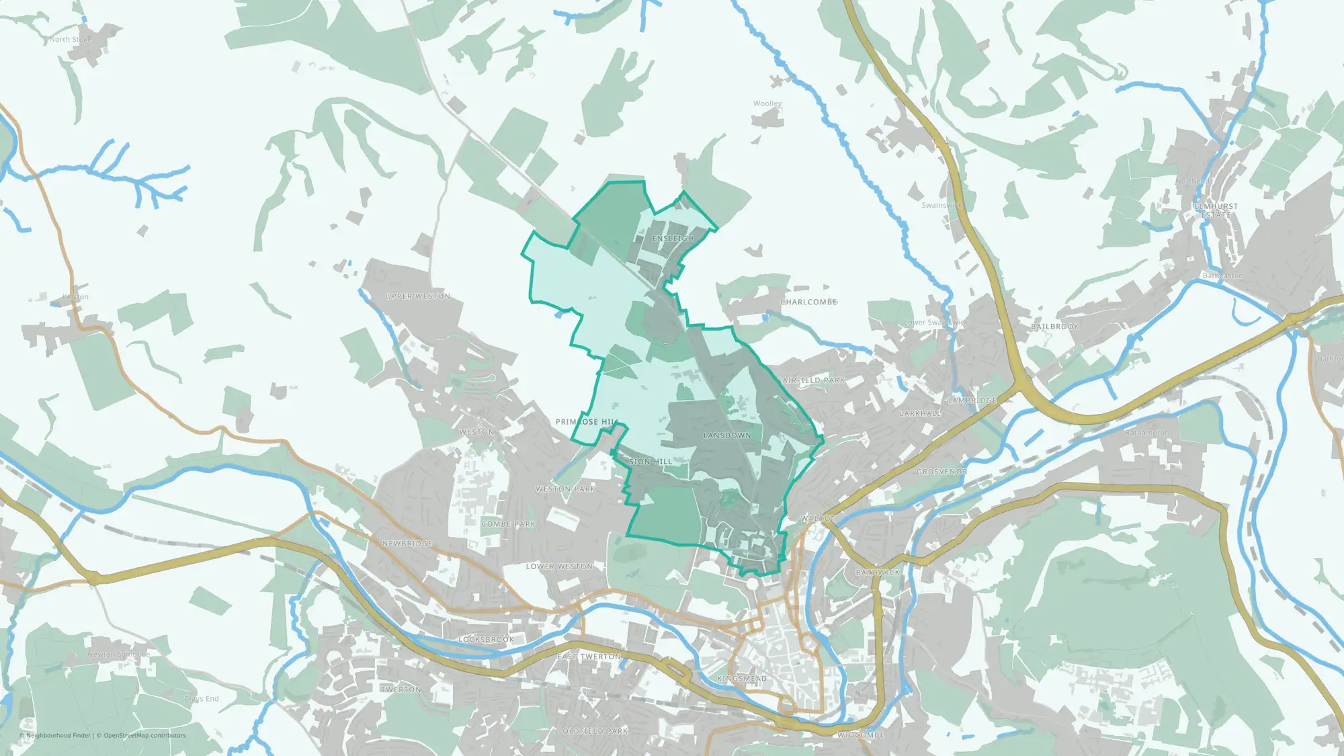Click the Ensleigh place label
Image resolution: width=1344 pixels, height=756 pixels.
pyautogui.click(x=673, y=239)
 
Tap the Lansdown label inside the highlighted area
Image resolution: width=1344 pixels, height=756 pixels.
pyautogui.click(x=727, y=435)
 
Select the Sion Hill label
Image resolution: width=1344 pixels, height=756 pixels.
pyautogui.click(x=650, y=462)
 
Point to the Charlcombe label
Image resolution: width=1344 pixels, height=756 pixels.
pyautogui.click(x=808, y=302)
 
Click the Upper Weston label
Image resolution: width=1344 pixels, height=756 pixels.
pyautogui.click(x=418, y=296)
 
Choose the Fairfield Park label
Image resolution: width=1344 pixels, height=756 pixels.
pyautogui.click(x=811, y=380)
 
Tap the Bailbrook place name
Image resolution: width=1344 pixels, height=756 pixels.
pyautogui.click(x=1055, y=327)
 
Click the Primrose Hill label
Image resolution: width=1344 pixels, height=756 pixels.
pyautogui.click(x=587, y=422)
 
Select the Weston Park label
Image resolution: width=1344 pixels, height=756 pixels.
pyautogui.click(x=566, y=489)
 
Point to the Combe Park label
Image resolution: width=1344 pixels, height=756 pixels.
pyautogui.click(x=509, y=524)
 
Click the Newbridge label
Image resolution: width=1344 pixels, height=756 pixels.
pyautogui.click(x=407, y=543)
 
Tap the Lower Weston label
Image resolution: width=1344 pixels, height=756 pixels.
pyautogui.click(x=559, y=566)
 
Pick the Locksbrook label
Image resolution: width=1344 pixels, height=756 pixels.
pyautogui.click(x=486, y=640)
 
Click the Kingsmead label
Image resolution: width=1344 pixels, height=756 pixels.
pyautogui.click(x=742, y=679)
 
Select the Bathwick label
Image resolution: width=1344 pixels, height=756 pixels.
pyautogui.click(x=878, y=573)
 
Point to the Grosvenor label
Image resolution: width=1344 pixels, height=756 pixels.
pyautogui.click(x=941, y=472)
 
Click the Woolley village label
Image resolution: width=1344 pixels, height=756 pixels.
pyautogui.click(x=767, y=103)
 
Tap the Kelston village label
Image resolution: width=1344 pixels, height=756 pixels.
pyautogui.click(x=75, y=297)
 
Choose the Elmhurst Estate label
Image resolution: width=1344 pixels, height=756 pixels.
pyautogui.click(x=1216, y=210)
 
